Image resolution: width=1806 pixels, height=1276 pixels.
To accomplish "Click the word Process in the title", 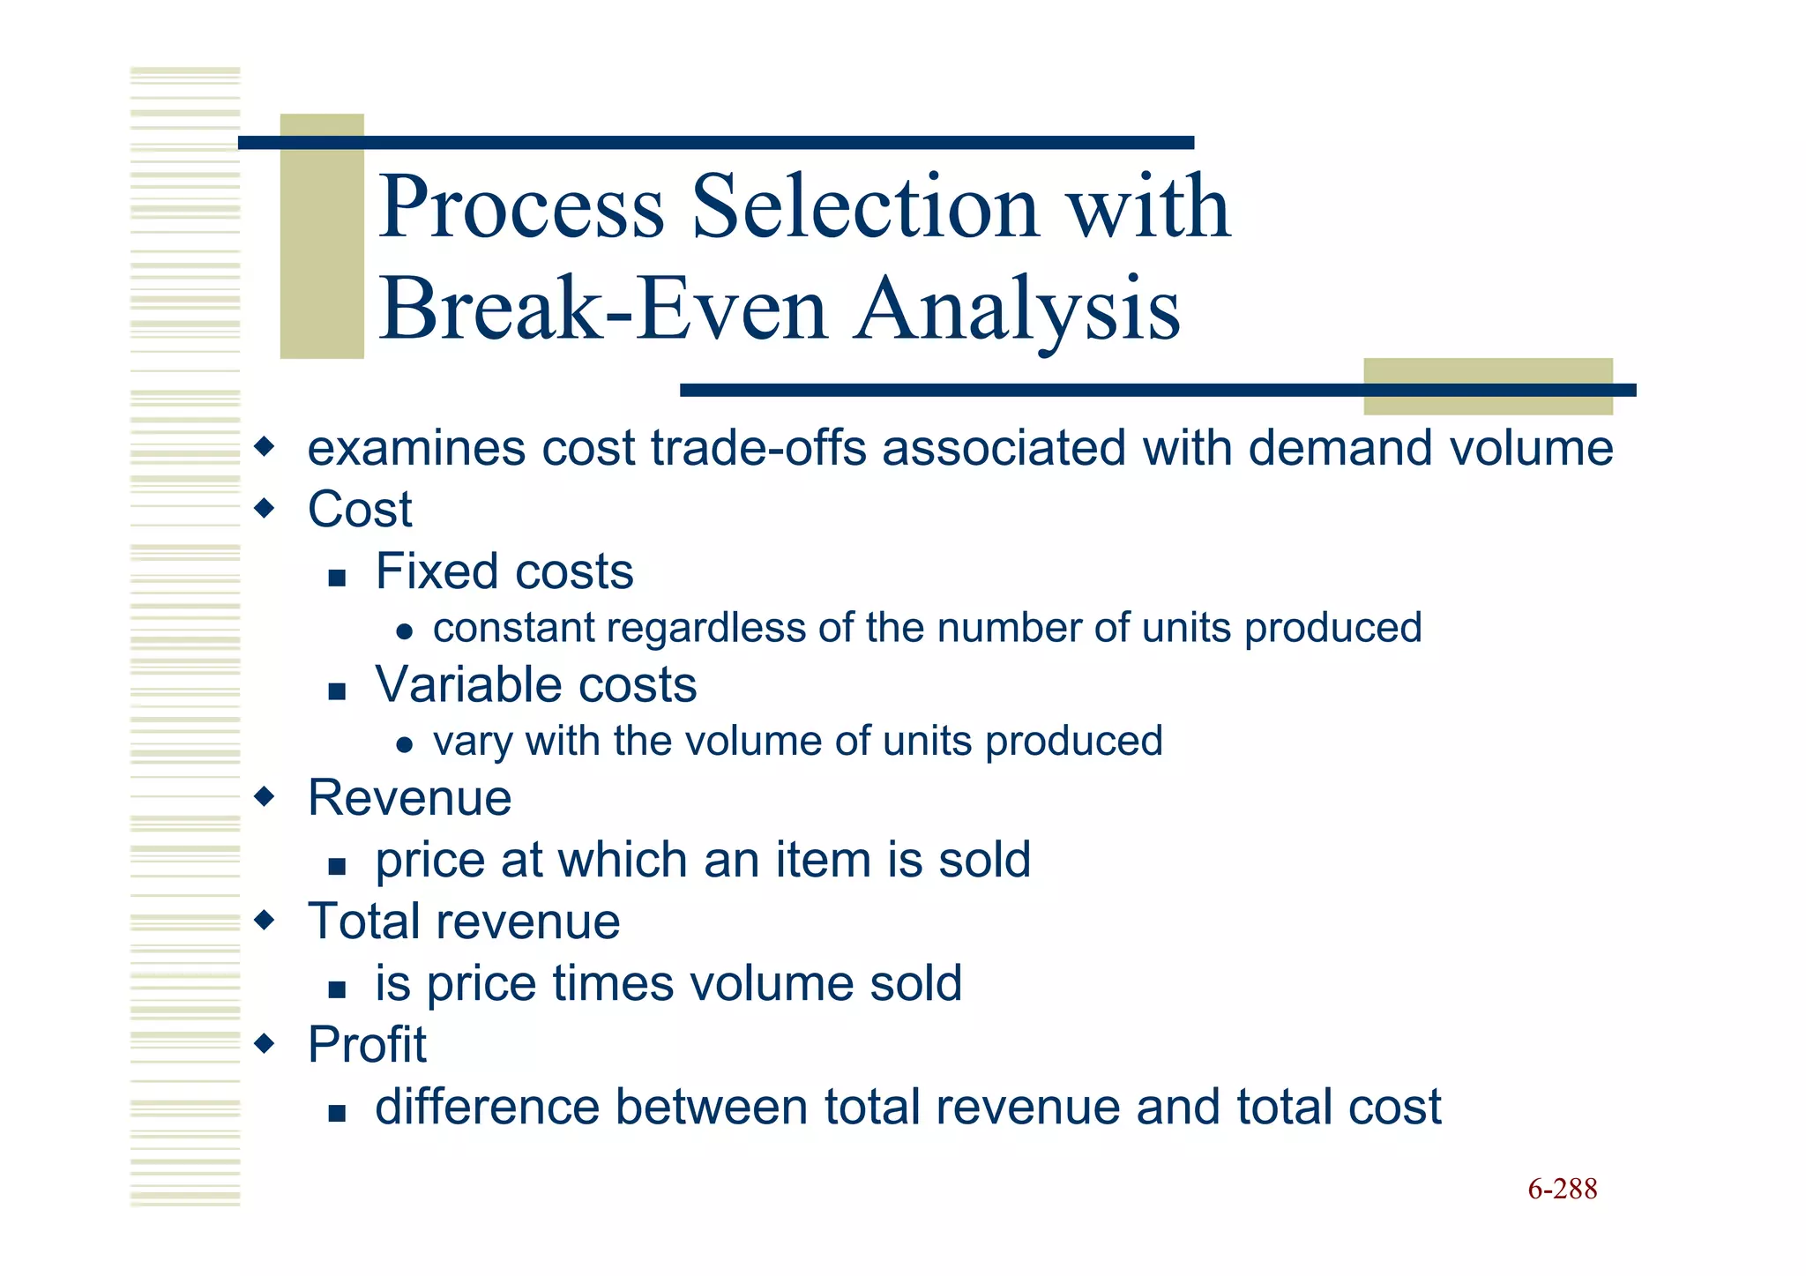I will pos(521,207).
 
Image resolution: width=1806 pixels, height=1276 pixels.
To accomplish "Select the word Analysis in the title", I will pos(1018,310).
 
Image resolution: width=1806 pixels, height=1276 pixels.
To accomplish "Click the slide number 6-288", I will pos(1562,1189).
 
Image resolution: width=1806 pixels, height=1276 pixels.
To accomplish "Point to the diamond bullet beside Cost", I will pos(264,508).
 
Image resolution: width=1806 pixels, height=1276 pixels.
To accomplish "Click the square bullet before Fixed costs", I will pos(336,578).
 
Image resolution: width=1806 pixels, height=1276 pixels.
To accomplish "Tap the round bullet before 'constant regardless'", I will pos(404,631).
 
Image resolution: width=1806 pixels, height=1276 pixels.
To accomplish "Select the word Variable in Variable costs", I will pos(469,684).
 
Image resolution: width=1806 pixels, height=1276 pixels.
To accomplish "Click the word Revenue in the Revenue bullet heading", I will pos(409,798).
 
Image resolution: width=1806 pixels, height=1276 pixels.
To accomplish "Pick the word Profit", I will pos(367,1045).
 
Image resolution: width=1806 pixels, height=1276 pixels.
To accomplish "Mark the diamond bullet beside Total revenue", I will pos(264,922).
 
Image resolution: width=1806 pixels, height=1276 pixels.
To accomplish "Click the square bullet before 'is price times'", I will pos(336,990).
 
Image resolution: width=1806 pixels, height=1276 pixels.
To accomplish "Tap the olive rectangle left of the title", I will pos(322,235).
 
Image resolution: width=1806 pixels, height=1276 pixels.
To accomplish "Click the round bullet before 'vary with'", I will pos(404,745).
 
